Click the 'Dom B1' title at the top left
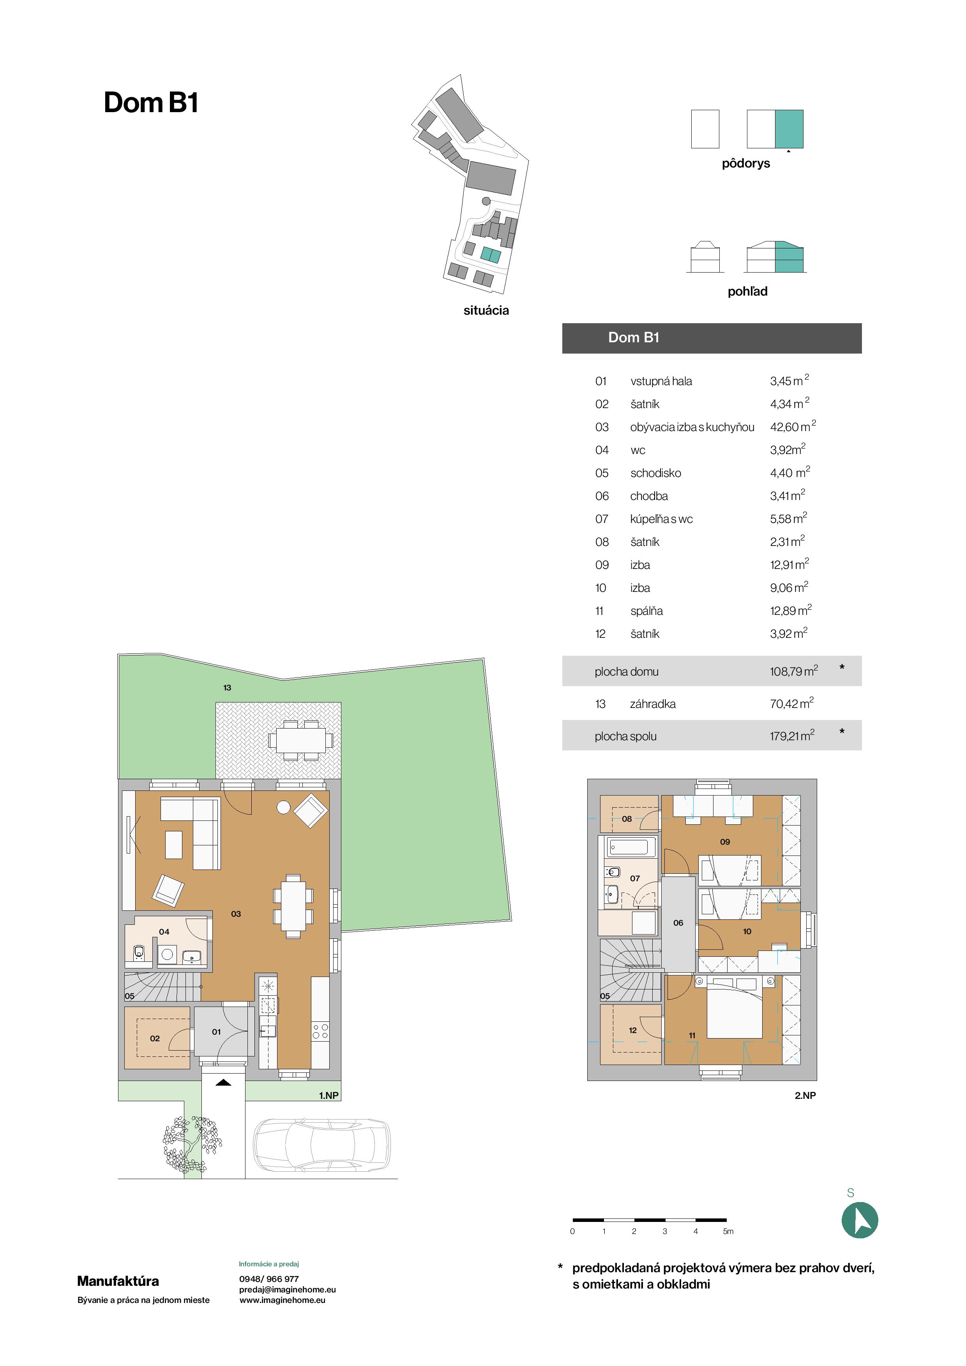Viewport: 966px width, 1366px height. pyautogui.click(x=150, y=102)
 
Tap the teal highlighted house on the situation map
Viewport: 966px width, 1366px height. pyautogui.click(x=491, y=255)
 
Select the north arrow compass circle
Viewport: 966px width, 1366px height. pyautogui.click(x=860, y=1220)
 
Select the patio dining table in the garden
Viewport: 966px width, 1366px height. pyautogui.click(x=300, y=740)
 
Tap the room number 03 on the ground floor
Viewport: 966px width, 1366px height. pyautogui.click(x=236, y=914)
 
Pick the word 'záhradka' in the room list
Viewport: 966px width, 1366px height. pyautogui.click(x=653, y=704)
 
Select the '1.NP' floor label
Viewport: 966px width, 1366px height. pyautogui.click(x=328, y=1095)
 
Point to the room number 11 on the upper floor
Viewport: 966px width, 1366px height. pyautogui.click(x=692, y=1035)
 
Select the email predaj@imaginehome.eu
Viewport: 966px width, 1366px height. pyautogui.click(x=288, y=1289)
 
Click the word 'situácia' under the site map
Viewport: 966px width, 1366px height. pyautogui.click(x=486, y=311)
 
